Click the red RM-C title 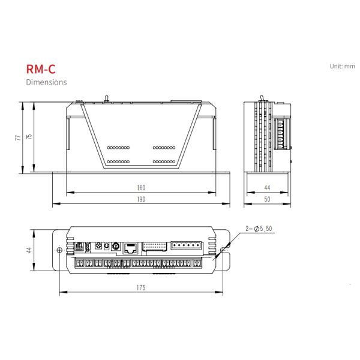tap(41, 69)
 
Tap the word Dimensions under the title tap(46, 82)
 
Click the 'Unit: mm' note tap(343, 66)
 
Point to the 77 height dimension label tap(18, 138)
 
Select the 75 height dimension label tap(29, 137)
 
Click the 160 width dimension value tap(141, 188)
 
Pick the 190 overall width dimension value tap(141, 199)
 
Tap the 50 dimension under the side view tap(267, 199)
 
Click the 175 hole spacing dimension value tap(141, 287)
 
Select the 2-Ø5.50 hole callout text tap(259, 229)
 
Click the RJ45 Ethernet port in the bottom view tap(130, 248)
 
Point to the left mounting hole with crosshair tap(59, 250)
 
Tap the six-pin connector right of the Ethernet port tap(186, 245)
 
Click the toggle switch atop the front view tap(106, 99)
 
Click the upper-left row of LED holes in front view tap(118, 148)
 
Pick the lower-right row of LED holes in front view tap(164, 161)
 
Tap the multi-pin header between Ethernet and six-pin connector tap(155, 247)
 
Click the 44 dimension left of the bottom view tap(29, 250)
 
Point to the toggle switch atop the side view tap(262, 99)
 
